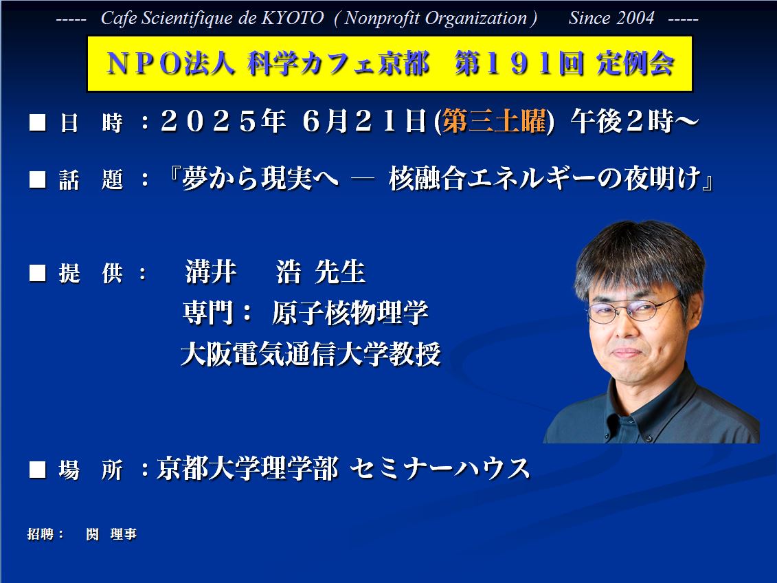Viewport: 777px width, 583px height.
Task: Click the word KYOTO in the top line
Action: tap(293, 19)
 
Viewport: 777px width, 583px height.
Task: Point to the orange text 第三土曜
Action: tap(494, 121)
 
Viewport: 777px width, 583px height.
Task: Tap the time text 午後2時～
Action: tap(635, 121)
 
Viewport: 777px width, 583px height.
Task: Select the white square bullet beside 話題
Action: tap(38, 179)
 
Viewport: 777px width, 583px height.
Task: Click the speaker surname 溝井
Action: tap(211, 272)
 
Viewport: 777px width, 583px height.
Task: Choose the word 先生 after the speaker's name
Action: tap(340, 272)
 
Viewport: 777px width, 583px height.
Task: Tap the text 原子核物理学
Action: tap(350, 312)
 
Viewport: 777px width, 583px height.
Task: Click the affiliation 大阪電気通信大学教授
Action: tap(311, 354)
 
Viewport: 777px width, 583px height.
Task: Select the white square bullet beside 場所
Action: tap(38, 470)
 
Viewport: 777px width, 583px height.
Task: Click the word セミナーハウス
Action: tap(440, 468)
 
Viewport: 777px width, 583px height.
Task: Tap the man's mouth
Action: tap(627, 353)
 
